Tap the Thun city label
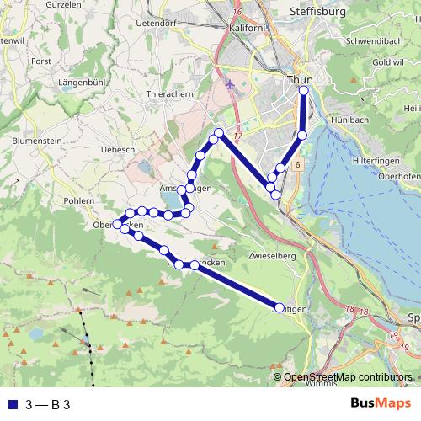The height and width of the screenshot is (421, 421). [300, 80]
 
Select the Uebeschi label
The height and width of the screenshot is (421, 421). [119, 148]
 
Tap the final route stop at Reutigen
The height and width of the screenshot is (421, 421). [280, 309]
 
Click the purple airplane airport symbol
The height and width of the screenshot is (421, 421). [232, 84]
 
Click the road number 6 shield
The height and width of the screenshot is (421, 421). [298, 166]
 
